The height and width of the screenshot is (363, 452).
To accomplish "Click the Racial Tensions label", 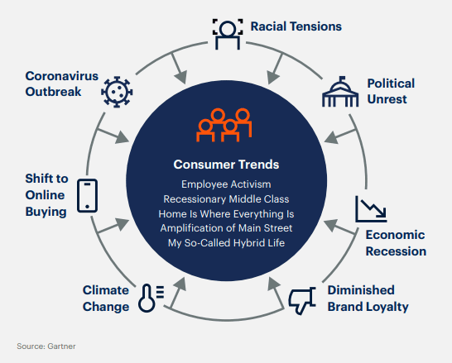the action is pyautogui.click(x=296, y=26).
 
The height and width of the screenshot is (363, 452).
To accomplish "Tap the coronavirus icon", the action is pyautogui.click(x=117, y=92).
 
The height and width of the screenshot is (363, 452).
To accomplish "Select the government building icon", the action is pyautogui.click(x=340, y=92).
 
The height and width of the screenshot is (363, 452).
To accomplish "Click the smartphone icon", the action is pyautogui.click(x=88, y=196).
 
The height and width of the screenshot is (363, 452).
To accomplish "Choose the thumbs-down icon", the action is pyautogui.click(x=302, y=300).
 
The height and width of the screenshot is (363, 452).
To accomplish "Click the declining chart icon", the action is pyautogui.click(x=371, y=209).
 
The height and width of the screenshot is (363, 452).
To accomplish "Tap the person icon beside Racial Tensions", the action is pyautogui.click(x=228, y=34).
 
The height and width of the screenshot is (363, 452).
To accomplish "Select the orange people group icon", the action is pyautogui.click(x=224, y=125).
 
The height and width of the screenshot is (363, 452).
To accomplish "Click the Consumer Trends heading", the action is pyautogui.click(x=226, y=165).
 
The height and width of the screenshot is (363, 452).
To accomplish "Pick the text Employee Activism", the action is pyautogui.click(x=226, y=184).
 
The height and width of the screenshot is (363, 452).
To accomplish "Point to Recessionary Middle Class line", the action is pyautogui.click(x=226, y=199).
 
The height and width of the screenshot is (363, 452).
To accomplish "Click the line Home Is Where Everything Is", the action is pyautogui.click(x=226, y=214).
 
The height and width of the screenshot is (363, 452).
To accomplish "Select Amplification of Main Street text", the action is pyautogui.click(x=226, y=228).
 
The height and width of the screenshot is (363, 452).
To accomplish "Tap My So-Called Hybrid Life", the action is pyautogui.click(x=226, y=243).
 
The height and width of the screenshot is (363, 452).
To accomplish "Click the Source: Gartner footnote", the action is pyautogui.click(x=46, y=346).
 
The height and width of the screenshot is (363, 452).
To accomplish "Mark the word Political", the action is pyautogui.click(x=391, y=84).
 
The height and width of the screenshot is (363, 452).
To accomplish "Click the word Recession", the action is pyautogui.click(x=396, y=251).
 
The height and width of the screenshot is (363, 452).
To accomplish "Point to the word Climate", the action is pyautogui.click(x=106, y=290).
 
